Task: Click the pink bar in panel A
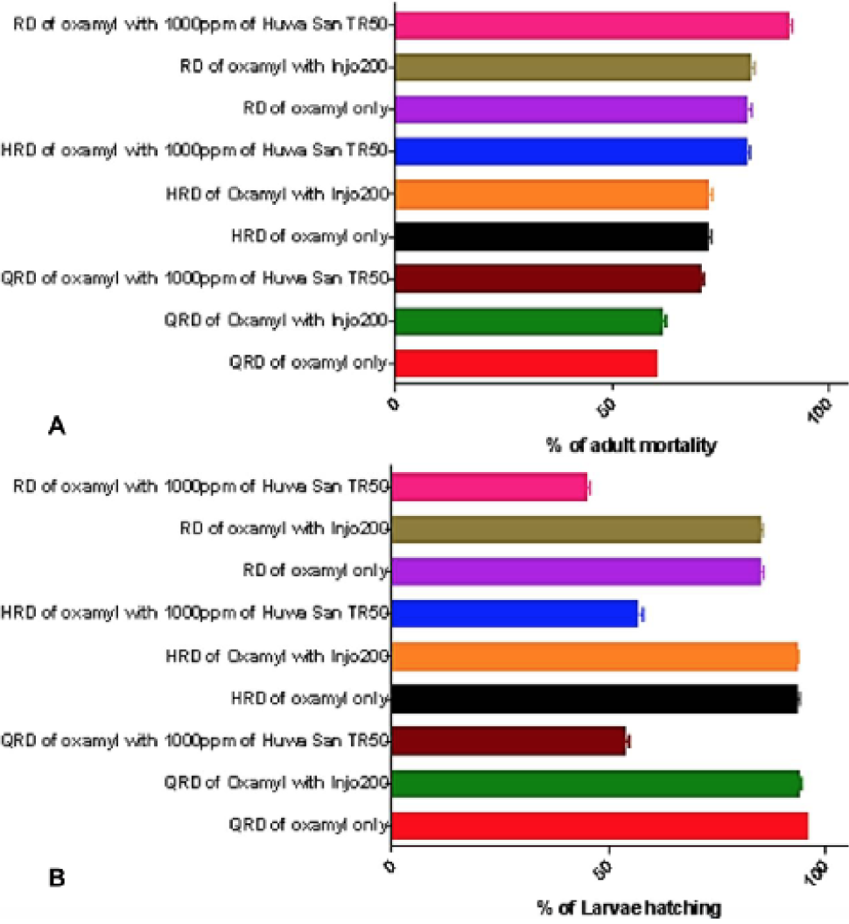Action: [x=593, y=25]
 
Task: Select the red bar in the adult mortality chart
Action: [x=526, y=363]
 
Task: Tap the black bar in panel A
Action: [x=551, y=236]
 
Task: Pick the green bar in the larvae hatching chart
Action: [x=596, y=784]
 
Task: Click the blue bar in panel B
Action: [x=515, y=613]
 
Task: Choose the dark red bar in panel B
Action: [x=509, y=741]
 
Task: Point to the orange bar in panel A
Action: [x=551, y=194]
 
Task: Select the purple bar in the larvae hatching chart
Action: [x=577, y=572]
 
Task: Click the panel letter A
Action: [x=57, y=425]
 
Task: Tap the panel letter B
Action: [x=57, y=878]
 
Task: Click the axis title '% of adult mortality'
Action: [x=631, y=445]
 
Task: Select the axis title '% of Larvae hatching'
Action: [x=628, y=908]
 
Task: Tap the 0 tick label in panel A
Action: [x=393, y=404]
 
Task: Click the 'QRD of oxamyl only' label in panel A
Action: [x=308, y=363]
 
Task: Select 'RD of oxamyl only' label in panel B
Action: [x=316, y=570]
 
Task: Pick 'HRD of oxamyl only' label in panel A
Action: [x=310, y=236]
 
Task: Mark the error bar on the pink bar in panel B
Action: [x=589, y=487]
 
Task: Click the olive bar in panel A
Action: [x=573, y=67]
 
